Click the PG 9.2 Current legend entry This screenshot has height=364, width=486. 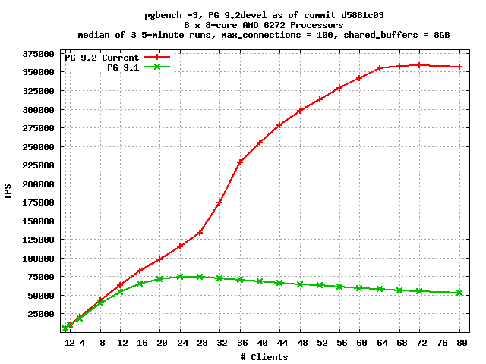pos(117,58)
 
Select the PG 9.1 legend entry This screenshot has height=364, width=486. pos(138,67)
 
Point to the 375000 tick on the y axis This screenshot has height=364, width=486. pos(38,54)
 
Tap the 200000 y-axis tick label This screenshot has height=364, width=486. pos(38,184)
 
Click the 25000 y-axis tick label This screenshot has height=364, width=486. pos(40,314)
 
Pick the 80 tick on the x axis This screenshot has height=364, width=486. pos(462,343)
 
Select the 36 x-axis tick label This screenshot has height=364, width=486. pos(242,343)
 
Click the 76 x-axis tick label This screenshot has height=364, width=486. pos(442,343)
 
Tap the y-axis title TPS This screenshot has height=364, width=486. pos(8,192)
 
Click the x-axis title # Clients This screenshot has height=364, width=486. pos(264,357)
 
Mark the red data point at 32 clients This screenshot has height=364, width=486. pos(219,202)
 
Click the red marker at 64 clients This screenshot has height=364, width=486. pos(379,68)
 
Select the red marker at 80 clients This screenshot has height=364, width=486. pos(459,67)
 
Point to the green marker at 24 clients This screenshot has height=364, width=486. pos(180,277)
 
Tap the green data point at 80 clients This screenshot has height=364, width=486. pos(459,293)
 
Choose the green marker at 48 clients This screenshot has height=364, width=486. pos(300,284)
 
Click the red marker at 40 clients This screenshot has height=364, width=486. pos(260,143)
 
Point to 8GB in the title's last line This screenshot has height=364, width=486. pos(441,35)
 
